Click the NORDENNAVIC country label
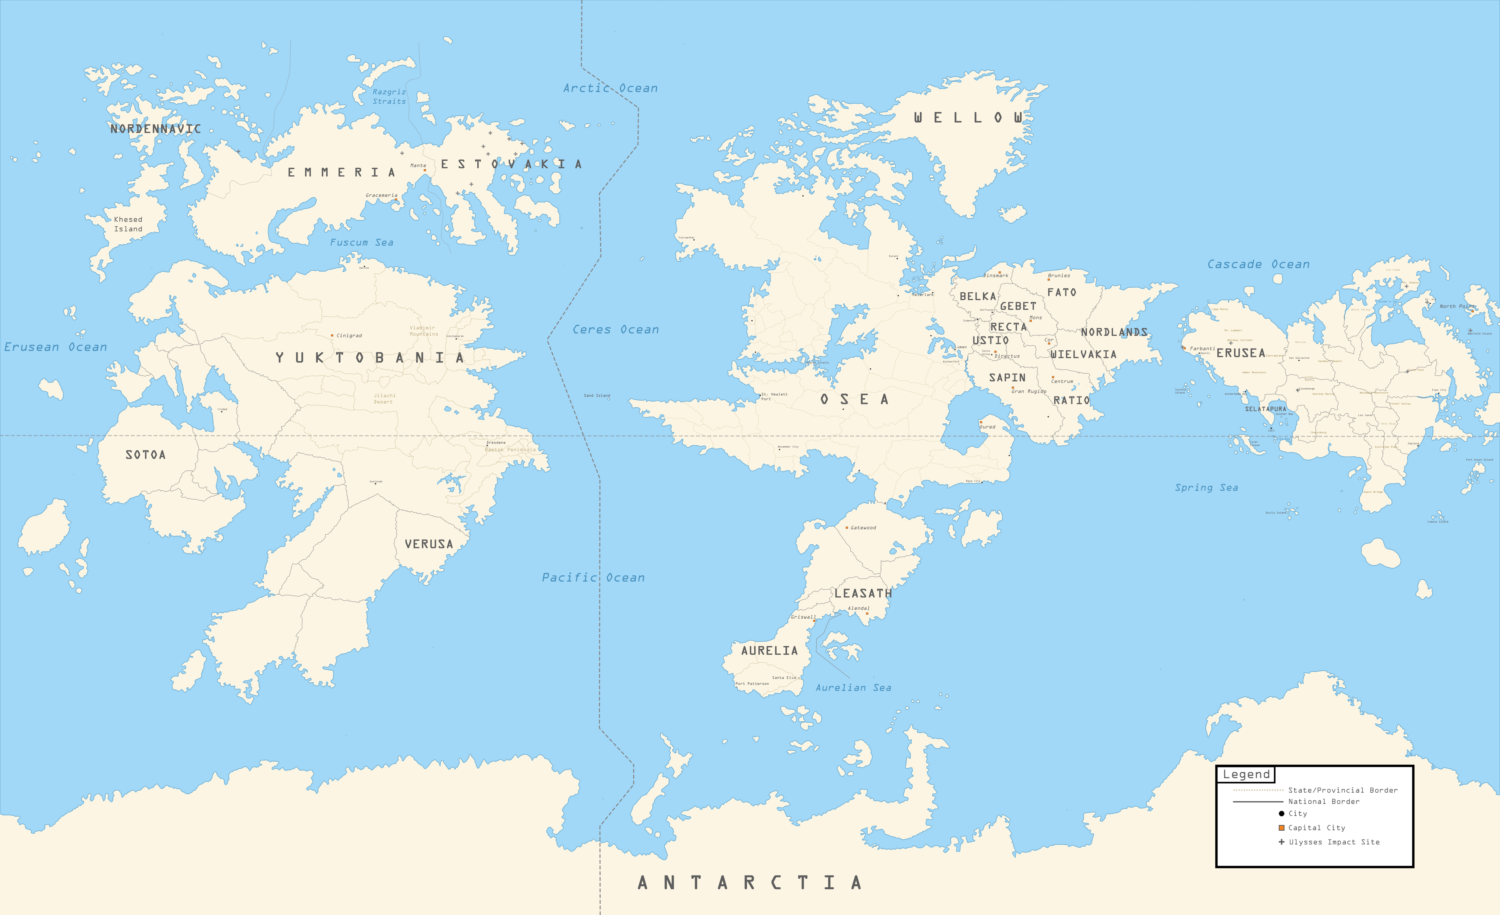pos(155,129)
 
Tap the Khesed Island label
pos(128,224)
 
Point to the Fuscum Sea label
pos(361,242)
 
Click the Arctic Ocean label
pos(610,88)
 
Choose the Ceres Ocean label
pos(615,330)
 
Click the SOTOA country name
pos(145,454)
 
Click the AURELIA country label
pos(769,651)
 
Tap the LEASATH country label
pos(862,593)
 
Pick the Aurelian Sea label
pos(853,688)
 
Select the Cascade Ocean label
pos(1258,264)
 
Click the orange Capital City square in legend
pos(1281,828)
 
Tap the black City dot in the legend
pos(1281,814)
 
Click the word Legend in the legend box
pos(1246,774)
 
